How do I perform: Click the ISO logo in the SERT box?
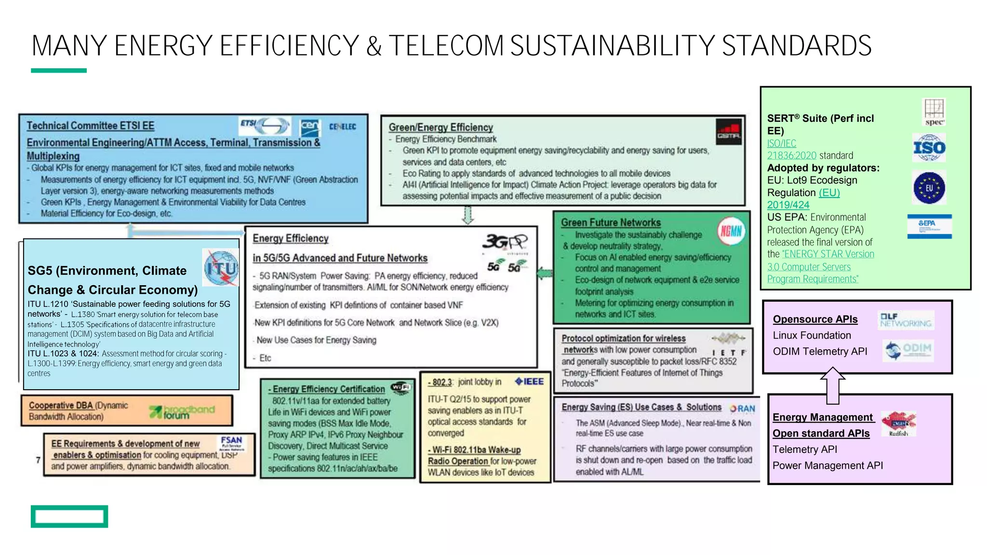pyautogui.click(x=929, y=148)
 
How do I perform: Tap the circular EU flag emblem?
pyautogui.click(x=929, y=188)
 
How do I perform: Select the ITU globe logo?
pyautogui.click(x=221, y=268)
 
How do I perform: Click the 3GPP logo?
pyautogui.click(x=505, y=241)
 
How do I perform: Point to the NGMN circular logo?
pyautogui.click(x=731, y=231)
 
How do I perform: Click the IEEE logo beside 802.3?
pyautogui.click(x=529, y=382)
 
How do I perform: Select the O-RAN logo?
pyautogui.click(x=743, y=409)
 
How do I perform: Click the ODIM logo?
pyautogui.click(x=909, y=350)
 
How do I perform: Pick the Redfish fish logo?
pyautogui.click(x=898, y=423)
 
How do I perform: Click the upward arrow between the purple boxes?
pyautogui.click(x=832, y=385)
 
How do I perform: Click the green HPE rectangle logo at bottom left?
pyautogui.click(x=69, y=516)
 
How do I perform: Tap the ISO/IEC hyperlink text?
pyautogui.click(x=782, y=143)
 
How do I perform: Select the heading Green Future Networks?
pyautogui.click(x=611, y=223)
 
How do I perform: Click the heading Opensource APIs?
pyautogui.click(x=815, y=319)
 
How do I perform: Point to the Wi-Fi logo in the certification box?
pyautogui.click(x=401, y=387)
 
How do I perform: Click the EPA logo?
pyautogui.click(x=929, y=226)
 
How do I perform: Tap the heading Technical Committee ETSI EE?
pyautogui.click(x=91, y=126)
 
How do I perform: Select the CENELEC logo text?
pyautogui.click(x=343, y=127)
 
